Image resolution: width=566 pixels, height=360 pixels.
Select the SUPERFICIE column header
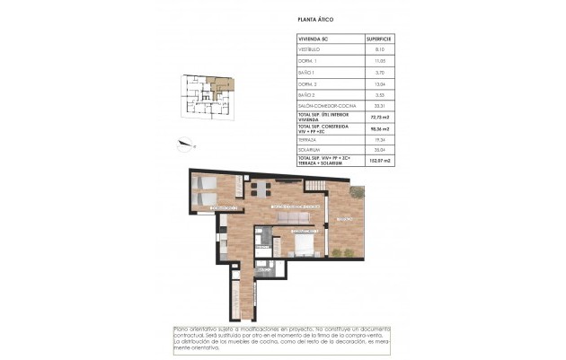[377, 40]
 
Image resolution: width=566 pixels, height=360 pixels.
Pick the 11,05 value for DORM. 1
[377, 61]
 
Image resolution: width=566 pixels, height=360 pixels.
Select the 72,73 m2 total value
[377, 117]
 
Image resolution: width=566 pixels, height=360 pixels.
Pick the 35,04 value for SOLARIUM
[377, 150]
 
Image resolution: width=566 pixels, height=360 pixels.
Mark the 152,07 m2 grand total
[377, 162]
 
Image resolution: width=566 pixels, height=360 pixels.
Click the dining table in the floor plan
[260, 189]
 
